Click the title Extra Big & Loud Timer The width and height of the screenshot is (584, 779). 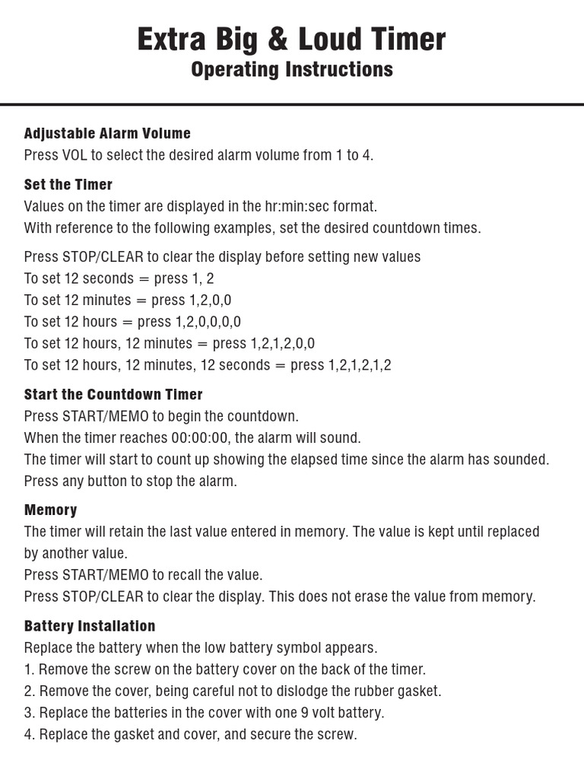coord(291,39)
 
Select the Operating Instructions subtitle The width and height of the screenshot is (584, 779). coord(291,69)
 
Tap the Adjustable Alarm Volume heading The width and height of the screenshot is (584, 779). coord(107,133)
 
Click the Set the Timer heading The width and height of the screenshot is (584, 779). coord(68,184)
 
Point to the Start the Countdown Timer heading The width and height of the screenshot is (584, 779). coord(113,394)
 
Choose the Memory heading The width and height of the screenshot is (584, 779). coord(50,510)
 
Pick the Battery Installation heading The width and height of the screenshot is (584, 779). coord(90,626)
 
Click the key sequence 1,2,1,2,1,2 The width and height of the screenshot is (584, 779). coord(360,365)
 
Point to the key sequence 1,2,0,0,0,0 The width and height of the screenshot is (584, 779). coord(208,322)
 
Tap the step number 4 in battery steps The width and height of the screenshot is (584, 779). coord(29,734)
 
